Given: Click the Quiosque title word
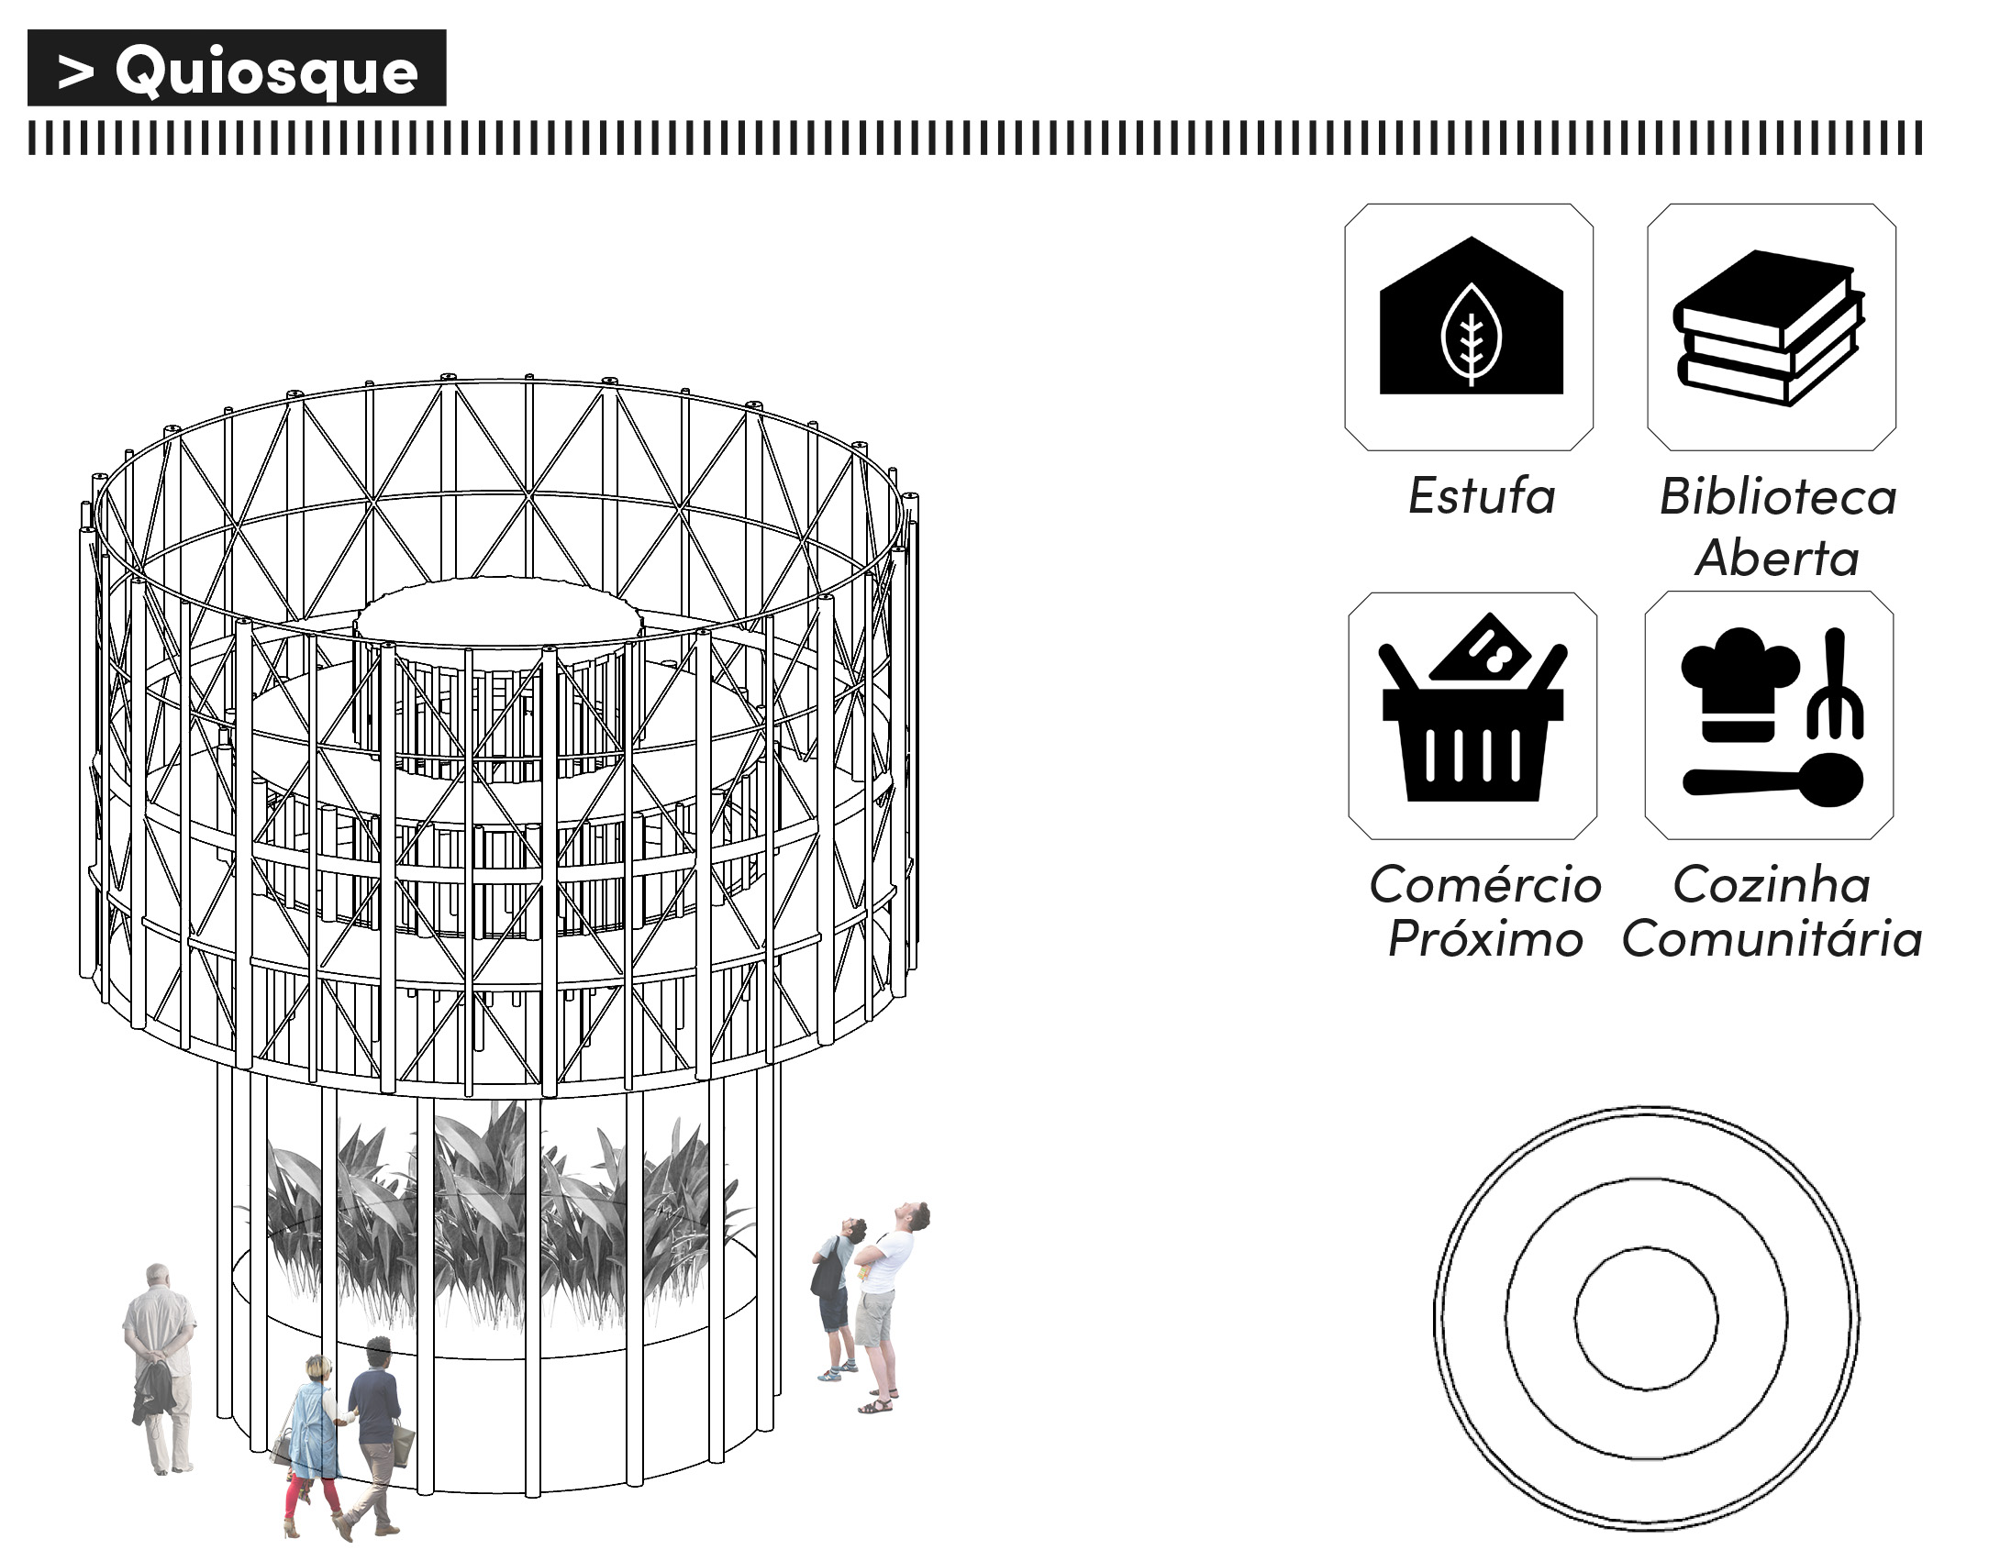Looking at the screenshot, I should tap(266, 71).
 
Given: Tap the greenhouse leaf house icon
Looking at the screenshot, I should tap(1471, 321).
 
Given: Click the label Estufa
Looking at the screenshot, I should tap(1482, 496).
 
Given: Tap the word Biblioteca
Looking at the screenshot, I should tap(1777, 496).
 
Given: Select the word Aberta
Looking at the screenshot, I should tap(1777, 558).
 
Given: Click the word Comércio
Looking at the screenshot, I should tap(1485, 884).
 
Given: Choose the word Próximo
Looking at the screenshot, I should tap(1485, 939).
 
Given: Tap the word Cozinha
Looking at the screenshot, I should tap(1772, 884).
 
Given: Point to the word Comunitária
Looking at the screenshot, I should tap(1772, 939).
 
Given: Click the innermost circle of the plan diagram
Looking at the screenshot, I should tap(1647, 1317).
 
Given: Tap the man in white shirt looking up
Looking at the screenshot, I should tap(884, 1302).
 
